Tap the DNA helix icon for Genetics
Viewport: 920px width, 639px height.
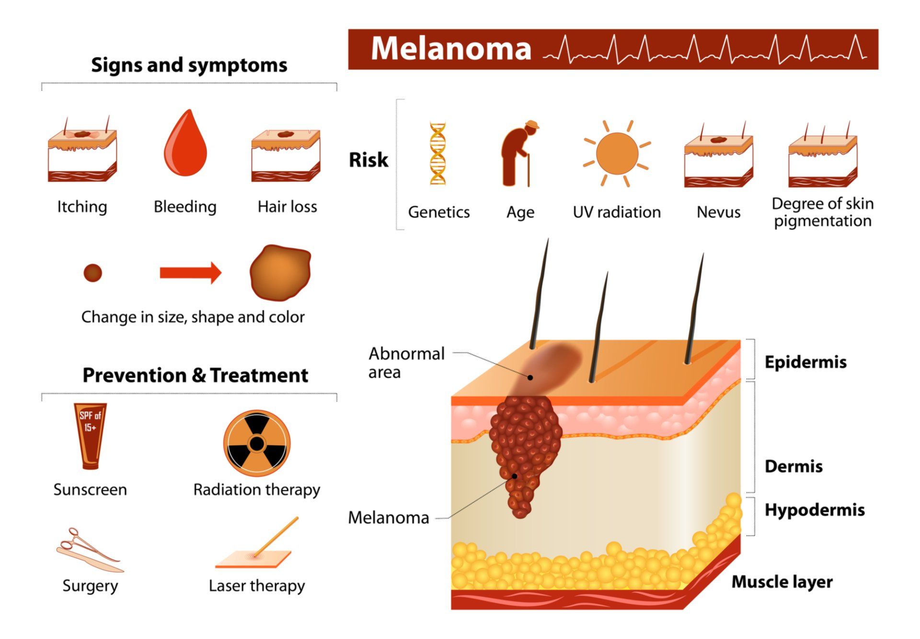pyautogui.click(x=437, y=153)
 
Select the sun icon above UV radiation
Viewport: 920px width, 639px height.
pyautogui.click(x=617, y=153)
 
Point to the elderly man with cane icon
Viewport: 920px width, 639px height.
pyautogui.click(x=518, y=153)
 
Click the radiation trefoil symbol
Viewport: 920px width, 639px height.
pyautogui.click(x=257, y=443)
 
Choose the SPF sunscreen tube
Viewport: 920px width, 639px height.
pyautogui.click(x=90, y=435)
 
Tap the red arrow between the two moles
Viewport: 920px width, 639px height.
pyautogui.click(x=191, y=273)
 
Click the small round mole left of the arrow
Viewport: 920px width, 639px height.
pyautogui.click(x=92, y=273)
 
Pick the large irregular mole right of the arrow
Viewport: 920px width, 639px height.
pyautogui.click(x=280, y=272)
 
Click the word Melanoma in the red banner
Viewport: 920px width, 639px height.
pyautogui.click(x=451, y=49)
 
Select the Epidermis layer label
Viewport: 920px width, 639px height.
pyautogui.click(x=805, y=362)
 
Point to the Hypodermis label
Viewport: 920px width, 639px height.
pyautogui.click(x=815, y=510)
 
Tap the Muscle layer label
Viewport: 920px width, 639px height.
pyautogui.click(x=782, y=582)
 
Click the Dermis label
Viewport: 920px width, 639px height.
pyautogui.click(x=793, y=466)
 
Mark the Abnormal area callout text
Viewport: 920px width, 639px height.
pyautogui.click(x=406, y=362)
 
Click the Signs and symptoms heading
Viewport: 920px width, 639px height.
pyautogui.click(x=189, y=65)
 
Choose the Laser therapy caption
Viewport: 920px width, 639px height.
pyautogui.click(x=257, y=585)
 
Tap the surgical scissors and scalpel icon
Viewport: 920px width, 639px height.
pyautogui.click(x=90, y=550)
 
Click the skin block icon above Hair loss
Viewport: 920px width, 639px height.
pyautogui.click(x=286, y=154)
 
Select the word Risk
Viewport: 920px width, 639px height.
pyautogui.click(x=368, y=160)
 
